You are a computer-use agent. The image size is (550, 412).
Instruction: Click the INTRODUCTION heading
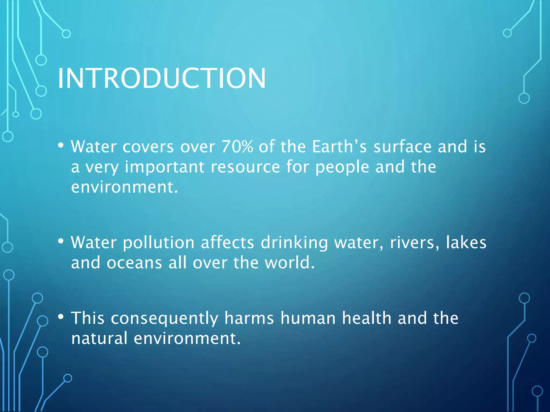[162, 78]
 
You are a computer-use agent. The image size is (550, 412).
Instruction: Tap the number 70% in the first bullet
[237, 147]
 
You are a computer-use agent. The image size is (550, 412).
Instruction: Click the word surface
[403, 147]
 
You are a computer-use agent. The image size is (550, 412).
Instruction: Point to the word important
[165, 167]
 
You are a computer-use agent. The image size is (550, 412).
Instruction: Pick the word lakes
[466, 242]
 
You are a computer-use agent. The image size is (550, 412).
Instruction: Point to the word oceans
[134, 263]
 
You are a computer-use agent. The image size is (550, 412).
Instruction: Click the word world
[290, 263]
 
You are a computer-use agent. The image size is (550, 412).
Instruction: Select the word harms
[249, 318]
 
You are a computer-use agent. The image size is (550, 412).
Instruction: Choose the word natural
[99, 339]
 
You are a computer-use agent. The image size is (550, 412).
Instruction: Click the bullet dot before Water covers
[61, 146]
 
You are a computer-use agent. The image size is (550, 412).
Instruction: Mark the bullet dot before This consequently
[61, 317]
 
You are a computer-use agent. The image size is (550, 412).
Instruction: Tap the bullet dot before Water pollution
[61, 241]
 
